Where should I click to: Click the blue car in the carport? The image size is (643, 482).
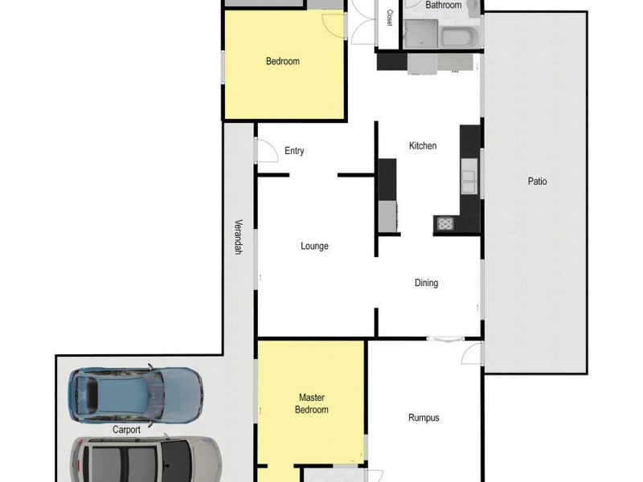(135, 394)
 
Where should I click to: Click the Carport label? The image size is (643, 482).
(126, 430)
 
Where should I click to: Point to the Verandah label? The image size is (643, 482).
(238, 238)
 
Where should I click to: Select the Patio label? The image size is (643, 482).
(537, 182)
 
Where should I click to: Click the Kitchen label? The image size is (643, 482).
(423, 146)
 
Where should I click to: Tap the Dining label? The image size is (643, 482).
(426, 283)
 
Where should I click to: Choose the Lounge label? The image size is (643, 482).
(314, 247)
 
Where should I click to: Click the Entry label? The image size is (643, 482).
(294, 151)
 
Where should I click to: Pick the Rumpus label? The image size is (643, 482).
(424, 418)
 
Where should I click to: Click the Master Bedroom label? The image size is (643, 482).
(313, 403)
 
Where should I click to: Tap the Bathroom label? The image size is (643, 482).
(444, 6)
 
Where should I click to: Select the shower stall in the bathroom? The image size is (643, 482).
(419, 35)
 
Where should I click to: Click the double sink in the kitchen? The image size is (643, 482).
(468, 176)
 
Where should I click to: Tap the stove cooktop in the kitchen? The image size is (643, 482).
(444, 224)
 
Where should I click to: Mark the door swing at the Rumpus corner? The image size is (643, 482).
(473, 352)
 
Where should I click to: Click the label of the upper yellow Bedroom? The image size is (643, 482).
(282, 62)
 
